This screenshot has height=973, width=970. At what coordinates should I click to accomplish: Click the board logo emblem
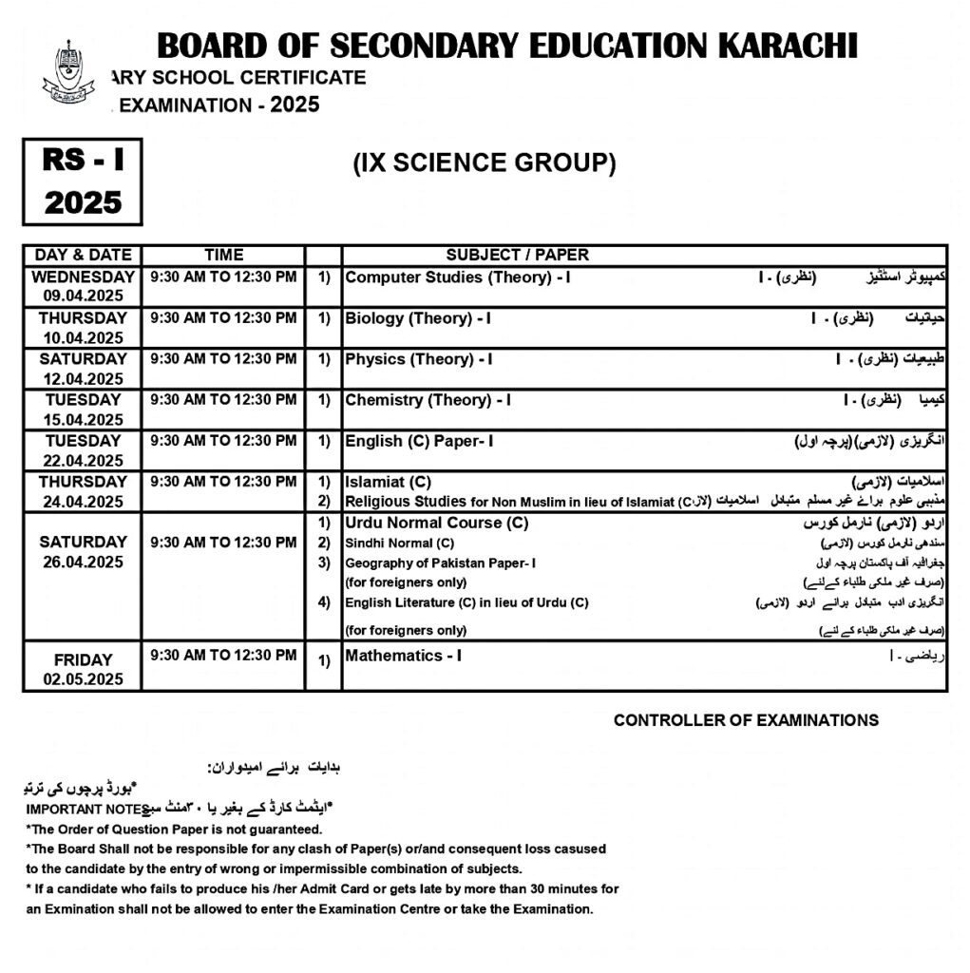click(x=68, y=73)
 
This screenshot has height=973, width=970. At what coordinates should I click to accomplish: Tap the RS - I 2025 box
click(x=83, y=181)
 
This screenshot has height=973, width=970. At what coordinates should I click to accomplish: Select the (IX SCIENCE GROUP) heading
click(x=485, y=163)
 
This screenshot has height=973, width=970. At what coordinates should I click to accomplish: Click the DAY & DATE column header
click(x=83, y=255)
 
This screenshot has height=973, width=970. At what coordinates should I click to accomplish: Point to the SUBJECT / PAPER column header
click(x=517, y=255)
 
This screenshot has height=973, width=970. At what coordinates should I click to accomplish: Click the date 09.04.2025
click(x=83, y=296)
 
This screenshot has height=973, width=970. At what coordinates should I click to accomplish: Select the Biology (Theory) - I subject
click(x=418, y=318)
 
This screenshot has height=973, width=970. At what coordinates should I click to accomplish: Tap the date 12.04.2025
click(x=83, y=378)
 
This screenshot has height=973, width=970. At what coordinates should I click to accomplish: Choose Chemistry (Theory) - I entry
click(x=428, y=400)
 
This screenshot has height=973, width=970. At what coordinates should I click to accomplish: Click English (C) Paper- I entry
click(x=419, y=441)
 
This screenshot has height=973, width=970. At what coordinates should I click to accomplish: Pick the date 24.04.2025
click(x=83, y=502)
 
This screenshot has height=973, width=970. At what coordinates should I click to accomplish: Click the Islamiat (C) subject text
click(x=388, y=483)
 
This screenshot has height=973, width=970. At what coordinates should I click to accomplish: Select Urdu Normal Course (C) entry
click(x=437, y=524)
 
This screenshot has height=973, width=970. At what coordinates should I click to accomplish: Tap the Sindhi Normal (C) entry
click(x=400, y=544)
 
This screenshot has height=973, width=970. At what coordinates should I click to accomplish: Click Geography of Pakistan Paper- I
click(x=440, y=563)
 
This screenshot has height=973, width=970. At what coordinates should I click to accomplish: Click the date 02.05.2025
click(x=83, y=679)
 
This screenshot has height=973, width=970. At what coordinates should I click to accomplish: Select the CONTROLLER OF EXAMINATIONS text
click(x=746, y=720)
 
